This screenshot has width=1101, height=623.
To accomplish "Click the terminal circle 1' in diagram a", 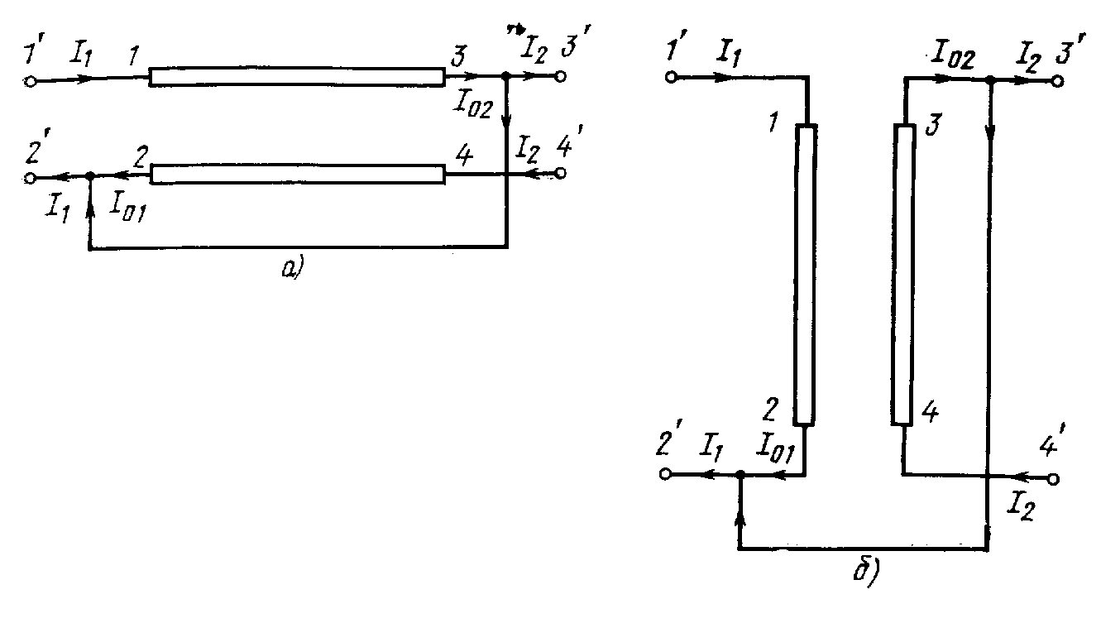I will (31, 83).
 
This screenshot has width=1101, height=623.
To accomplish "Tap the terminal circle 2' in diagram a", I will (31, 178).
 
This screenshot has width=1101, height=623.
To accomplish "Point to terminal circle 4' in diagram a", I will (560, 174).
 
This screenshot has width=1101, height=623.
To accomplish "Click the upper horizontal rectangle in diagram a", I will (296, 77).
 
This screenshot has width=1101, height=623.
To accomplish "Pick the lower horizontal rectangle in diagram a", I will (296, 175).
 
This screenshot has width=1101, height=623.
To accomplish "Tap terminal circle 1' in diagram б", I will (672, 78).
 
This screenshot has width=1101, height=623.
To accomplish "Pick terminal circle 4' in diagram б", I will (1054, 479).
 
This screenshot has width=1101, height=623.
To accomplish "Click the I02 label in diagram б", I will (951, 58).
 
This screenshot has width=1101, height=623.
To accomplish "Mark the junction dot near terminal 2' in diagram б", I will (740, 475).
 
